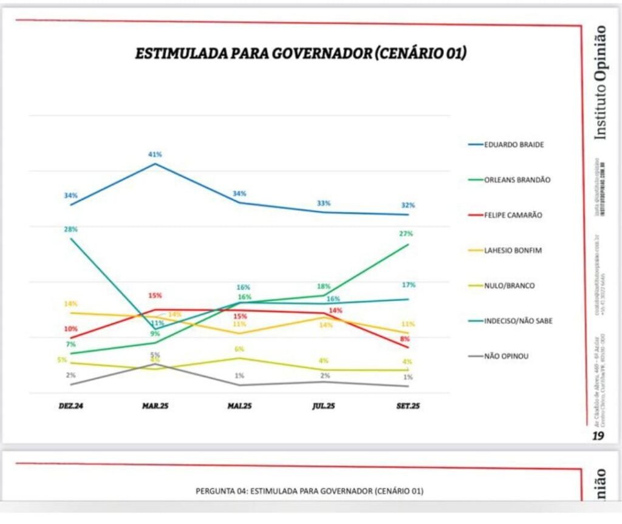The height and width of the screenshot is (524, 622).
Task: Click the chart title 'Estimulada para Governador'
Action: tap(300, 53)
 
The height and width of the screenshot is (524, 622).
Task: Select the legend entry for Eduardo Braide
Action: tap(513, 145)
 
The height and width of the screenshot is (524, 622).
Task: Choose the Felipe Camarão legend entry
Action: tap(513, 215)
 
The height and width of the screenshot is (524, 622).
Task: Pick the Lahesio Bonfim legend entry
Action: tap(513, 250)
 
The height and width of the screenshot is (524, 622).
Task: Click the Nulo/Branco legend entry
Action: tap(509, 285)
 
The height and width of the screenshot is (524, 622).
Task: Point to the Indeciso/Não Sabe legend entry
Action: tap(518, 321)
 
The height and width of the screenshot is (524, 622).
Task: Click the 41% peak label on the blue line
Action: tap(155, 154)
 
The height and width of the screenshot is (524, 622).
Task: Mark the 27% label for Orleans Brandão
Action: tap(406, 233)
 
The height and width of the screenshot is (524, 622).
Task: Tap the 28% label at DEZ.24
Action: tap(71, 229)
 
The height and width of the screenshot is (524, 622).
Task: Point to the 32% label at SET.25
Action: tap(408, 205)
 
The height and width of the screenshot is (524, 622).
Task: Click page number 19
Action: tap(599, 435)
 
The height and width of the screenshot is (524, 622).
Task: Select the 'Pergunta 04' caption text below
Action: tap(309, 491)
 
